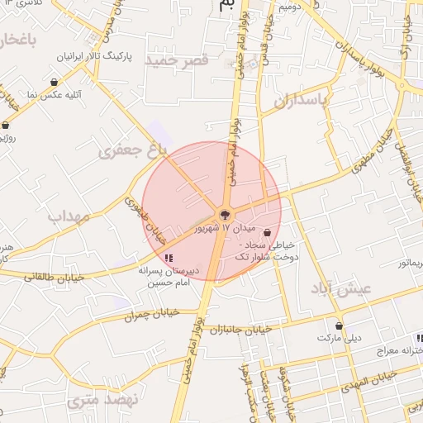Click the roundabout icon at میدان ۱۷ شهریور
pos(223,215)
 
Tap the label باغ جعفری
pos(133,149)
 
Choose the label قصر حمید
pos(175,60)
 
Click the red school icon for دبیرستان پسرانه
pos(169,259)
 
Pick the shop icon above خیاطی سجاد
pos(266,233)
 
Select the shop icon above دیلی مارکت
pos(339,326)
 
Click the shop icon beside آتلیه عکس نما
pos(54,82)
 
